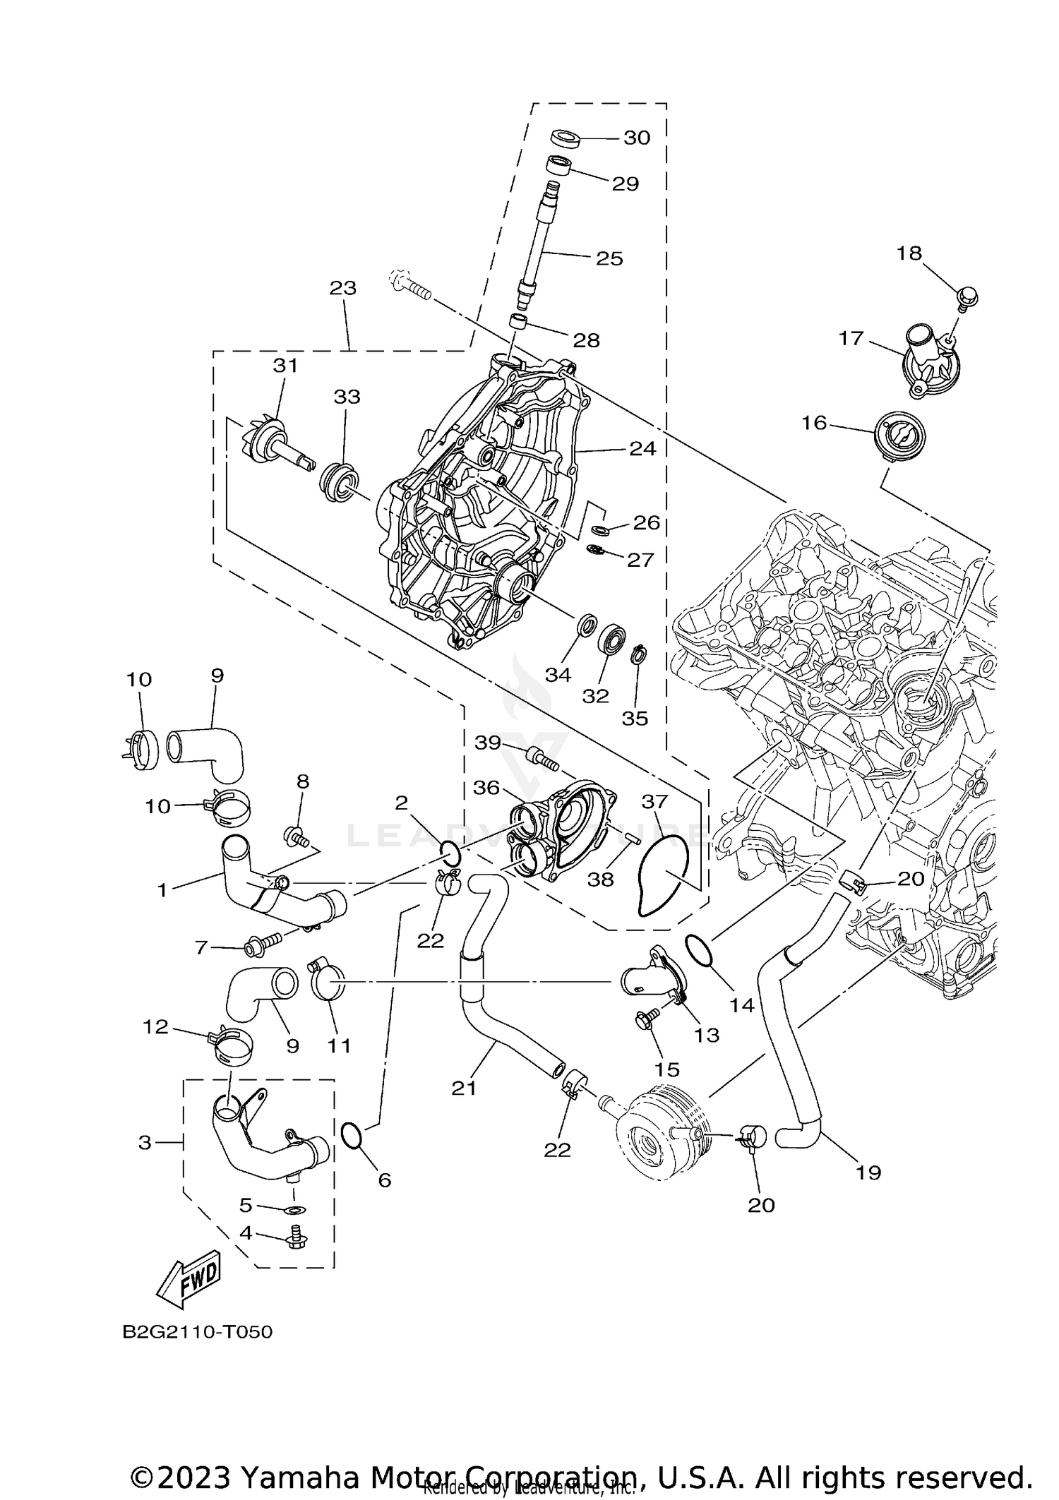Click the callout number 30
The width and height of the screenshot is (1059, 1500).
pos(636,138)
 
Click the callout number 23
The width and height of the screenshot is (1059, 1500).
pos(343,288)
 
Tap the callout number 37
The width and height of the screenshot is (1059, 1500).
pos(654,802)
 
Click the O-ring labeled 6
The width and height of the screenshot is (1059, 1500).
pos(352,1136)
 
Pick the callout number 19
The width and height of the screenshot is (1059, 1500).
pos(868,1172)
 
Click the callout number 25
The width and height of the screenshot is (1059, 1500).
pos(609,258)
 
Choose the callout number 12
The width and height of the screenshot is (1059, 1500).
pos(156,1027)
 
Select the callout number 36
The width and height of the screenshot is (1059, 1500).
pos(486,788)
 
